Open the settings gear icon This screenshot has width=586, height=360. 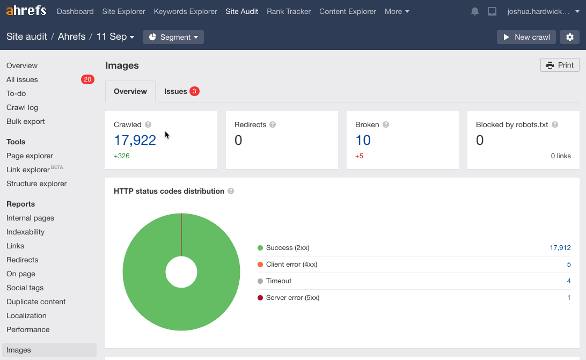(x=570, y=37)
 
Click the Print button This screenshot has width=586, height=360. (x=560, y=65)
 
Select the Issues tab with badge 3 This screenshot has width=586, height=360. (x=181, y=91)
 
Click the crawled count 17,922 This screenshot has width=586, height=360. (x=135, y=140)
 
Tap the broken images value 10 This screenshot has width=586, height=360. (x=363, y=140)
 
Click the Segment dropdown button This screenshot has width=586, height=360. (x=173, y=37)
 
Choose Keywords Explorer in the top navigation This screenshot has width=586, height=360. (x=185, y=11)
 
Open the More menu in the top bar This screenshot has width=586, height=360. (x=397, y=11)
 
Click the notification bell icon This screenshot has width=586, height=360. (x=475, y=11)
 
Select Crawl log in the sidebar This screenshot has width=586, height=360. (x=22, y=107)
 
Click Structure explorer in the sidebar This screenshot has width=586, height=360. (x=36, y=183)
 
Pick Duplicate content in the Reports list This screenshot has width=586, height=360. (x=36, y=302)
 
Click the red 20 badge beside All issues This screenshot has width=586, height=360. (x=87, y=79)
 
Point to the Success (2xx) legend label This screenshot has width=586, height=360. (x=288, y=248)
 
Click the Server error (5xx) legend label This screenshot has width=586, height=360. (x=292, y=298)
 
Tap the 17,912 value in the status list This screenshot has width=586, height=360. (x=560, y=248)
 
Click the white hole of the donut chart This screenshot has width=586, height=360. (x=181, y=272)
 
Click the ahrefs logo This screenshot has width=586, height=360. (x=26, y=11)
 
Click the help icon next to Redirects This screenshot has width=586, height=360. (x=273, y=124)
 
